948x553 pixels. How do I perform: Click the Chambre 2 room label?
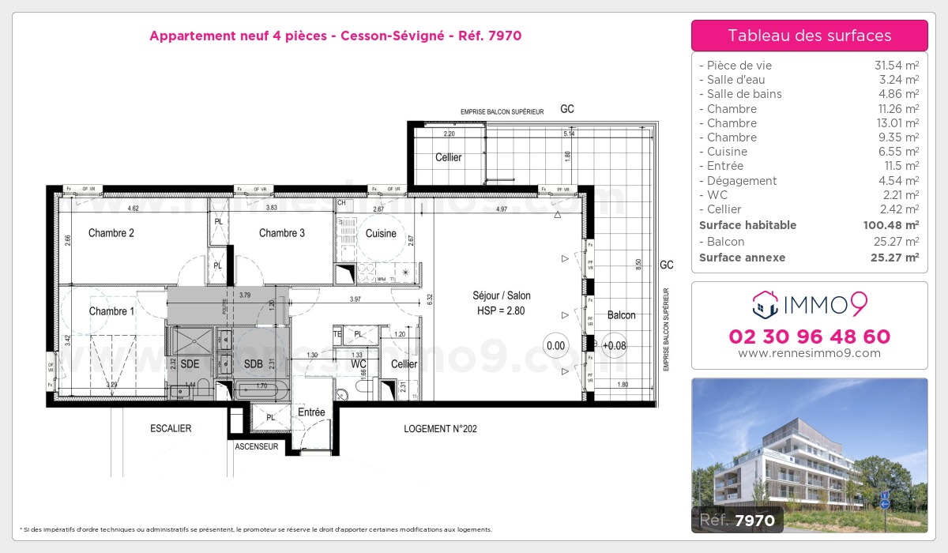point(111,233)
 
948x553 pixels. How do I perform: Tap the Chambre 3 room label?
point(282,233)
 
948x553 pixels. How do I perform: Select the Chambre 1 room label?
point(111,311)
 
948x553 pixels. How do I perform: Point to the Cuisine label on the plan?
point(381,234)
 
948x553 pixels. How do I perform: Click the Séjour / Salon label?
point(502,295)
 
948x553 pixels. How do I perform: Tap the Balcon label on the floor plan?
point(622,315)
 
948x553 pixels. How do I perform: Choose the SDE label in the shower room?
point(190,364)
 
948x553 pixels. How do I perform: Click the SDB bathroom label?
point(253,364)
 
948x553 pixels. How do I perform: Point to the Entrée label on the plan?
point(311,412)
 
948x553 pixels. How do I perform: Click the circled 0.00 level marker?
point(556,345)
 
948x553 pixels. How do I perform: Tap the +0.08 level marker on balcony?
point(613,345)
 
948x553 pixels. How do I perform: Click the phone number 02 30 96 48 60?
point(810,337)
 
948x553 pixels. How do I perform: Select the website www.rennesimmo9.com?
point(810,353)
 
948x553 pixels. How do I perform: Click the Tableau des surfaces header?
point(810,36)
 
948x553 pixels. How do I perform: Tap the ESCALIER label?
point(171,429)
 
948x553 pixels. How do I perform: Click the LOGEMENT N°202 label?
point(440,429)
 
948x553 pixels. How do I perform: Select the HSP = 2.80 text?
point(502,311)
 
